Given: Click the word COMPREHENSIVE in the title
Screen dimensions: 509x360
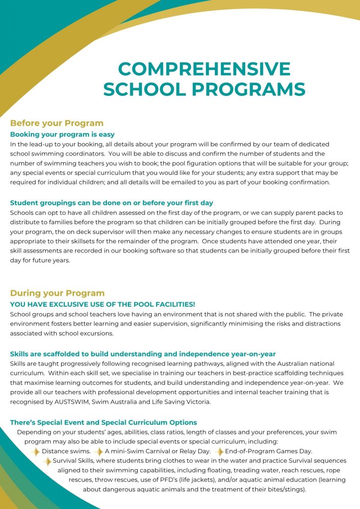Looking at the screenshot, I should click(204, 69).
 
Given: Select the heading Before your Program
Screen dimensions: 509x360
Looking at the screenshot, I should click(57, 123).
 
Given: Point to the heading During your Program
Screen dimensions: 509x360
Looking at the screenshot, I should click(57, 293).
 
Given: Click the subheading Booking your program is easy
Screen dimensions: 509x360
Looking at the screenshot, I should click(62, 134).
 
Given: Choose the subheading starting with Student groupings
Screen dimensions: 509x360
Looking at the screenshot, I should click(111, 202).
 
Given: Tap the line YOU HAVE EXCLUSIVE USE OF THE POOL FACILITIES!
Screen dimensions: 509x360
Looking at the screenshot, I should click(102, 304).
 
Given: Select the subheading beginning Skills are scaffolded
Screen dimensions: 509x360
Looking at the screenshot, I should click(143, 354).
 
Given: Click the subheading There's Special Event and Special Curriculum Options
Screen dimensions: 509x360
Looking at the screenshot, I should click(103, 422).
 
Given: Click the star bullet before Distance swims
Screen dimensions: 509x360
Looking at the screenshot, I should click(35, 451).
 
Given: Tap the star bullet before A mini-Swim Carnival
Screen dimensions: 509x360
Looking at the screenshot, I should click(99, 451).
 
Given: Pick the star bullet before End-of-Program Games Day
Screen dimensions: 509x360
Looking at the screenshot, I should click(219, 451).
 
